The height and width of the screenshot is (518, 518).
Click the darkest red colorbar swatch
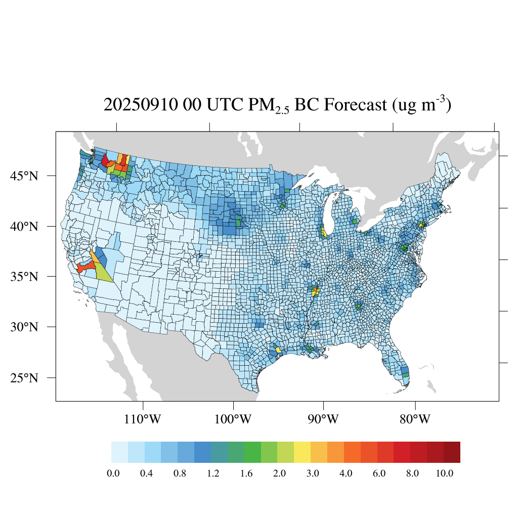coord(452,452)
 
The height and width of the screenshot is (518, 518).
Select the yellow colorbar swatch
coord(302,452)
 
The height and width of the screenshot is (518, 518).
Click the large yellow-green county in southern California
coord(105,272)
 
